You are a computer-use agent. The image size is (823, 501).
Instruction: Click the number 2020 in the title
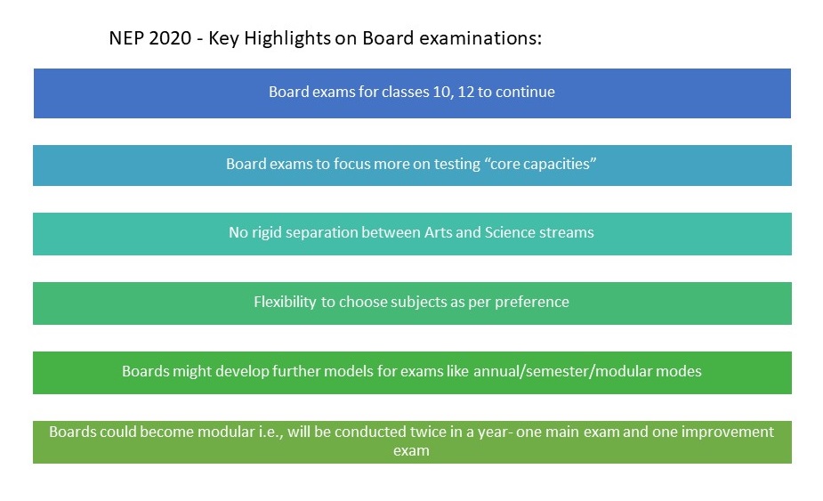170,38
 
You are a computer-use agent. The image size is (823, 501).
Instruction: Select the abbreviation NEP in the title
126,38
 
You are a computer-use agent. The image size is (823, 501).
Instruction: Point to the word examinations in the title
480,38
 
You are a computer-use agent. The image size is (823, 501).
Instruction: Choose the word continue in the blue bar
525,92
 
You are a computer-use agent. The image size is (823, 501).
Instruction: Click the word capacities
559,165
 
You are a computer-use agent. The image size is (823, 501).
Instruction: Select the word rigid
267,232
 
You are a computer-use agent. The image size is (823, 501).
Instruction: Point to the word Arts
439,232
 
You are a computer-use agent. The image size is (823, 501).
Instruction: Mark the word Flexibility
285,302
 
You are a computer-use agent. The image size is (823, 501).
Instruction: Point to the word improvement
728,432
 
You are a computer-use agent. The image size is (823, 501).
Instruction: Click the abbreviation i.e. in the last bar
270,432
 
